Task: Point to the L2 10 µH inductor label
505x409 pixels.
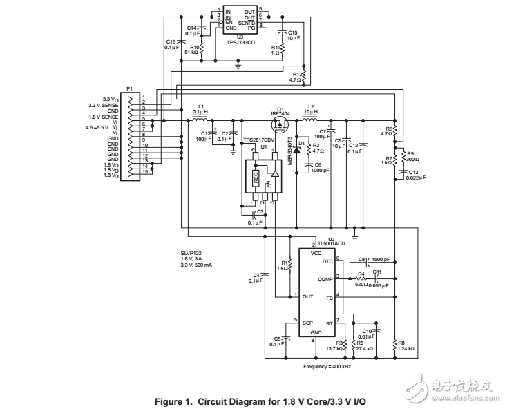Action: [x=311, y=108]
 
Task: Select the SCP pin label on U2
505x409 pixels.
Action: [x=307, y=322]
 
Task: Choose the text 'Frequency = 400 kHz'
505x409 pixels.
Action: [x=327, y=365]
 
